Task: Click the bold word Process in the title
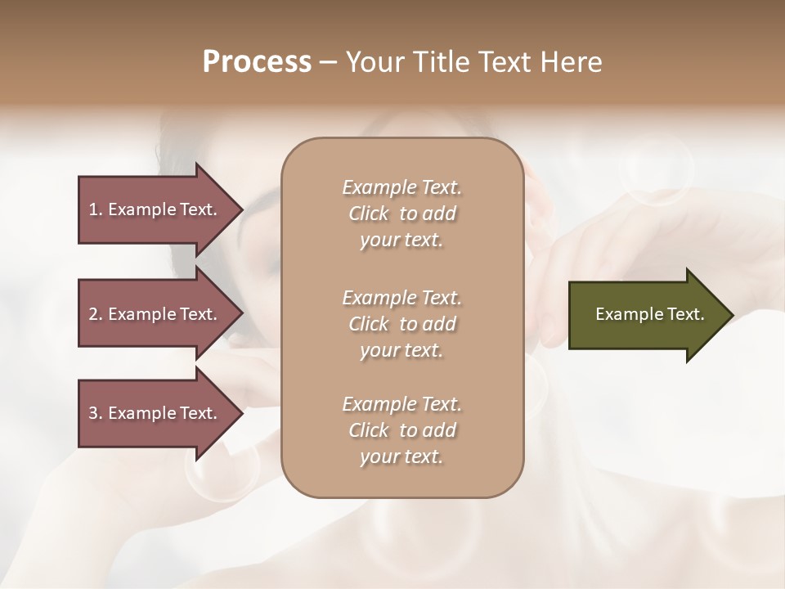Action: (x=257, y=62)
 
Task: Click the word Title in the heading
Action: (x=444, y=62)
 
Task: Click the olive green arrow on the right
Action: (x=646, y=314)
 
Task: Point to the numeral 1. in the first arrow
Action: (x=96, y=209)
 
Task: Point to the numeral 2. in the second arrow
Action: (x=96, y=314)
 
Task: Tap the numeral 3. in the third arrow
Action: (x=96, y=413)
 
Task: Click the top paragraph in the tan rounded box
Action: (x=401, y=214)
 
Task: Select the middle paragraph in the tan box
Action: (x=401, y=323)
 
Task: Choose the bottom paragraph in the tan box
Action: (x=401, y=430)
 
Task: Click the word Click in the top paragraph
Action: (x=368, y=214)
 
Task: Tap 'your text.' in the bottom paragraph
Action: (x=401, y=456)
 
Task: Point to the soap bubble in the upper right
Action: (x=656, y=170)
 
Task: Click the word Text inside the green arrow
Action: (x=685, y=314)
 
